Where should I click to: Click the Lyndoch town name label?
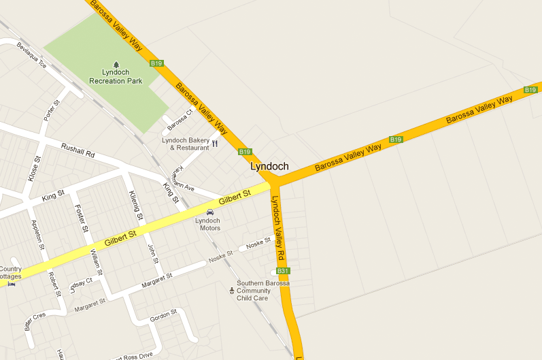click(269, 166)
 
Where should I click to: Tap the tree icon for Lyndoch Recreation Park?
click(116, 64)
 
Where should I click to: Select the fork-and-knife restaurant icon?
click(215, 143)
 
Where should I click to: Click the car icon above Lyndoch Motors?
click(209, 212)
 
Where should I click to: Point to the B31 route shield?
click(283, 271)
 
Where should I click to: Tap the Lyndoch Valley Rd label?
click(277, 228)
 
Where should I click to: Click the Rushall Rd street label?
click(78, 150)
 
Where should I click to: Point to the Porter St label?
click(52, 110)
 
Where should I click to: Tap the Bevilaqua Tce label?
click(31, 55)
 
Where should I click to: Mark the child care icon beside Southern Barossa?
click(231, 291)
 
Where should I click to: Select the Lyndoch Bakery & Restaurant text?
click(185, 144)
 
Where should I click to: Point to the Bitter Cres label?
click(34, 321)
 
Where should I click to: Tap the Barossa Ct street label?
click(180, 121)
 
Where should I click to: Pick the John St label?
click(152, 255)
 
